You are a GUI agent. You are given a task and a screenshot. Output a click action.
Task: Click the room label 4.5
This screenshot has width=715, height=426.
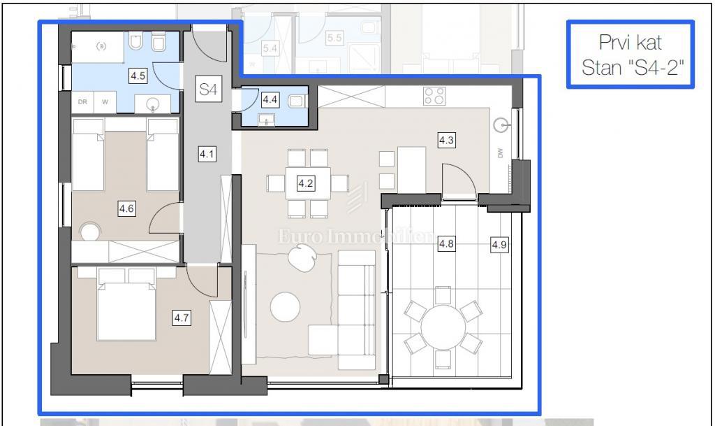pyautogui.click(x=138, y=76)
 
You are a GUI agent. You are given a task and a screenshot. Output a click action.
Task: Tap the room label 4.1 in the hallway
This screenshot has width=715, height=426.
pyautogui.click(x=206, y=154)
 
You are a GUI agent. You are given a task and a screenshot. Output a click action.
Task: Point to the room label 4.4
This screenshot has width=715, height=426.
pyautogui.click(x=270, y=100)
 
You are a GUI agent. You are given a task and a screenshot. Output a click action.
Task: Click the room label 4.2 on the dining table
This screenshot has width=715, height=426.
pyautogui.click(x=305, y=184)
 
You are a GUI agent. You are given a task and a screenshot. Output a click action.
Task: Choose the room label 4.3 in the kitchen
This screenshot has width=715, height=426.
pyautogui.click(x=446, y=141)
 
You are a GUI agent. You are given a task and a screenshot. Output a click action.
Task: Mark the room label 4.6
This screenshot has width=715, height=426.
pyautogui.click(x=126, y=208)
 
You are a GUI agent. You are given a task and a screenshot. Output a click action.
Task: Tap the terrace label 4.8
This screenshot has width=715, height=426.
pyautogui.click(x=446, y=244)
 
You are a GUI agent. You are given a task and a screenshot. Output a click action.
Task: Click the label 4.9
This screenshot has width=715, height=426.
pyautogui.click(x=499, y=245)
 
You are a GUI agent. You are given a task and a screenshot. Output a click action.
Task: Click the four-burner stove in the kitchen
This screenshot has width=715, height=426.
pyautogui.click(x=434, y=96)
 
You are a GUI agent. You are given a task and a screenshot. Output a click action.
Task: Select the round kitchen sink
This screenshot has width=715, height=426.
pyautogui.click(x=501, y=126)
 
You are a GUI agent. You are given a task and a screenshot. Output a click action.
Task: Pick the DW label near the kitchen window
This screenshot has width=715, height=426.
pyautogui.click(x=501, y=154)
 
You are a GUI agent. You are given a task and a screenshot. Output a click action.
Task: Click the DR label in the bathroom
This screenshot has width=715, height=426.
pyautogui.click(x=82, y=101)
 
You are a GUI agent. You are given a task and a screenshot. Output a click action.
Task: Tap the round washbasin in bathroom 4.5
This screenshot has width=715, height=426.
pyautogui.click(x=154, y=104)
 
